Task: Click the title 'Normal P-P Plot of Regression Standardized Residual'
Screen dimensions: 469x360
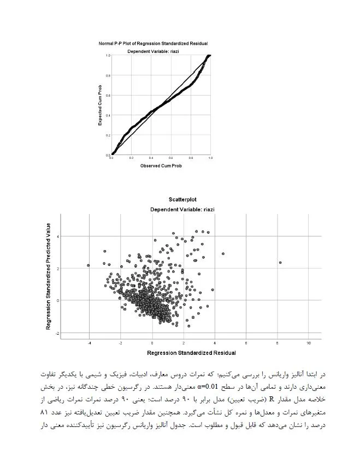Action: [x=153, y=43]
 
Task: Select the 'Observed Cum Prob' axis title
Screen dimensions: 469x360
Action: [x=161, y=165]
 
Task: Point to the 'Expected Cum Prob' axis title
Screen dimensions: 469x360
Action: [x=101, y=105]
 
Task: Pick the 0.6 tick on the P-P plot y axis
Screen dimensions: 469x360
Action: [x=108, y=96]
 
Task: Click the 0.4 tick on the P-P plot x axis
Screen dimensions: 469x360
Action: [x=151, y=158]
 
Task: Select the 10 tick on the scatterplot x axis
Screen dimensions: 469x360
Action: [x=309, y=343]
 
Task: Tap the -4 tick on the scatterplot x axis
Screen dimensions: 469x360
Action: [x=89, y=343]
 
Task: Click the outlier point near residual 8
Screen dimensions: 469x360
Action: [x=280, y=263]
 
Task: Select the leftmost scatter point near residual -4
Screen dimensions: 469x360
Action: [x=88, y=265]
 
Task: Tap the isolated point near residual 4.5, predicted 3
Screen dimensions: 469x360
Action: [x=223, y=254]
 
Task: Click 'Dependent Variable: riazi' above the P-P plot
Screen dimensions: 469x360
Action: [x=153, y=51]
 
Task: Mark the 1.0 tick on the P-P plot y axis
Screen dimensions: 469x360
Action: [x=108, y=55]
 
